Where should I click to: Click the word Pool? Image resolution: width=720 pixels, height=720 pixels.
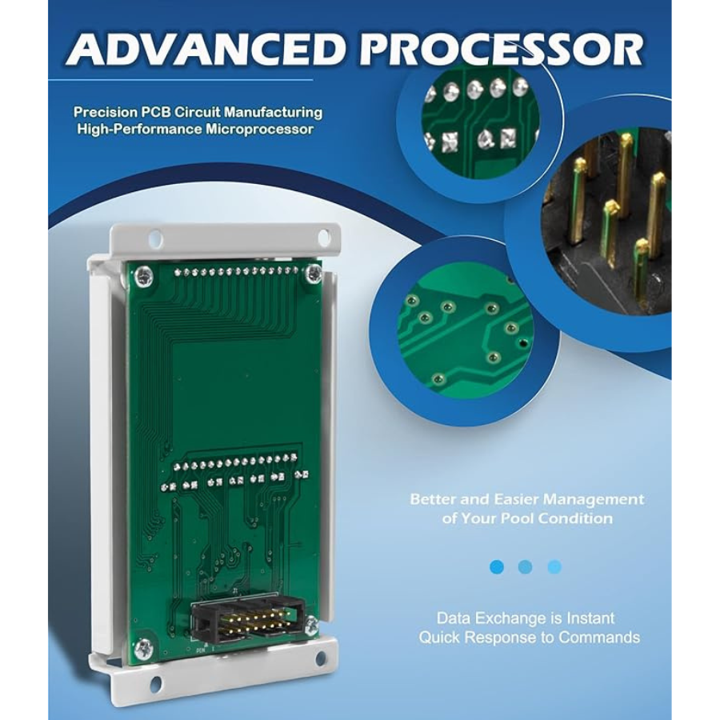click(542, 518)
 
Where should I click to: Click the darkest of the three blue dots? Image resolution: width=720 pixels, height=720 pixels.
click(497, 566)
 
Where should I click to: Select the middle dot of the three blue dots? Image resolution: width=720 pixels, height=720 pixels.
click(526, 566)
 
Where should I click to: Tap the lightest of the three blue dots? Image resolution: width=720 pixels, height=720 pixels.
click(554, 566)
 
